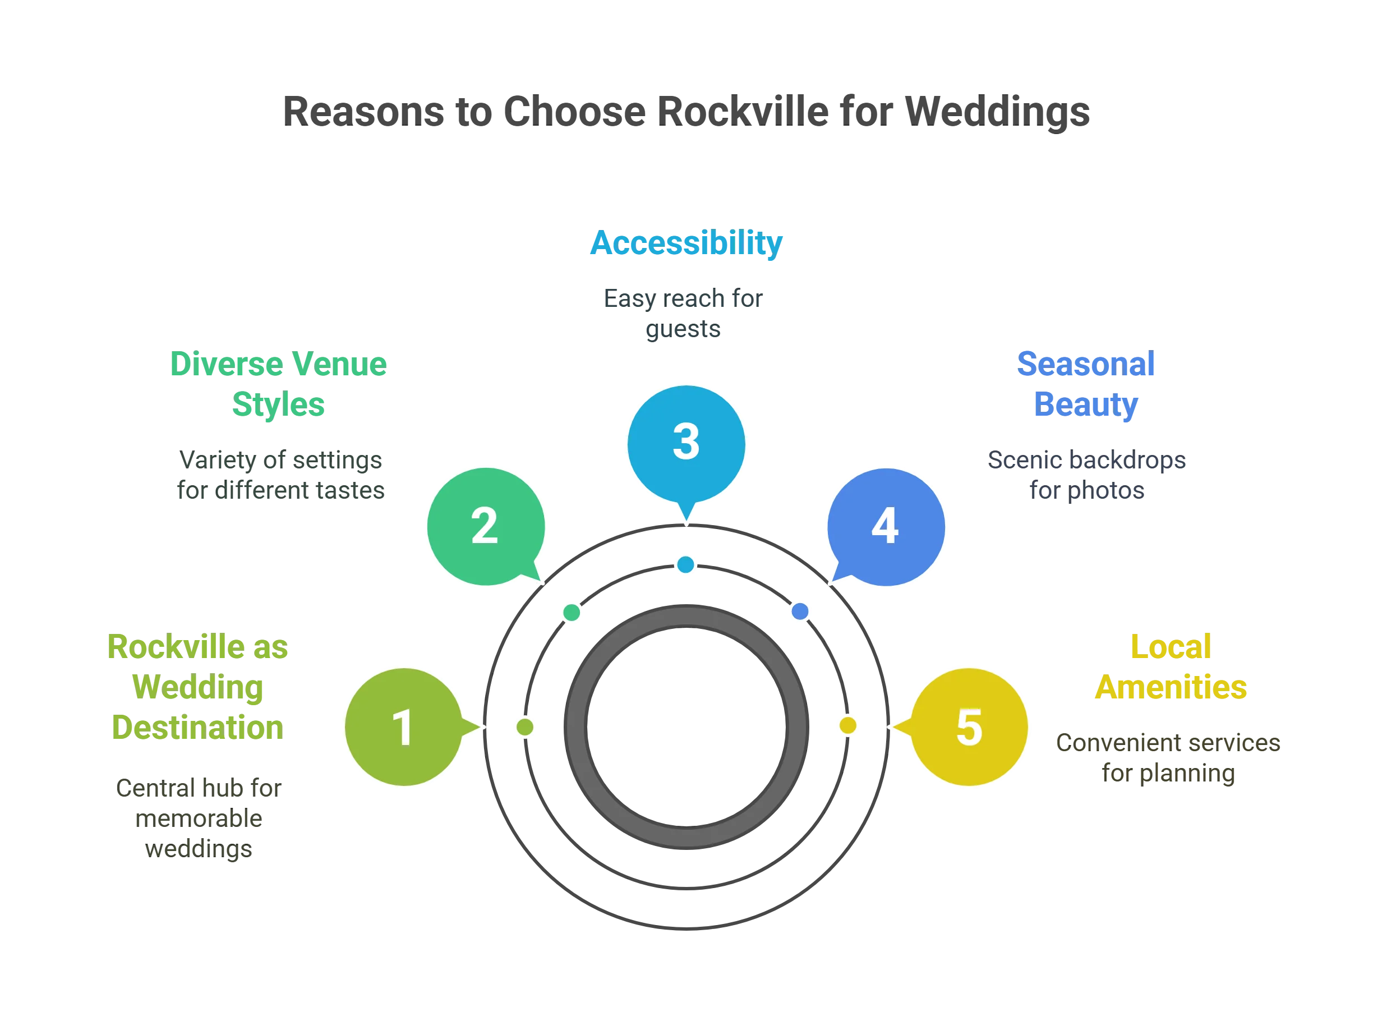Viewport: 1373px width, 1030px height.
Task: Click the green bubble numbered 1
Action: tap(404, 727)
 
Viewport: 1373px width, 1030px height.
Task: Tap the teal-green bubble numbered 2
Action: tap(485, 526)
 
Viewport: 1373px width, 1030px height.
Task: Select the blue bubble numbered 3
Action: tap(686, 443)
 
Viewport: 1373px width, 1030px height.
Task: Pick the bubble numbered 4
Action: tap(886, 526)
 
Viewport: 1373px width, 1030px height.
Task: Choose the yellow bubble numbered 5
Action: tap(969, 727)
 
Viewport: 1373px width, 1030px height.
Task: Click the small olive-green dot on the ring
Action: tap(525, 726)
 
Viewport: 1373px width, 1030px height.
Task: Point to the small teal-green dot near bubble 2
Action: tap(572, 613)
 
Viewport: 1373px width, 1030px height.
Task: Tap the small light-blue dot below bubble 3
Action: tap(686, 565)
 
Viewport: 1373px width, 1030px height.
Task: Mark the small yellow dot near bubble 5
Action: tap(848, 725)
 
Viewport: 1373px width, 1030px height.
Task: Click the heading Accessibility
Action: tap(686, 243)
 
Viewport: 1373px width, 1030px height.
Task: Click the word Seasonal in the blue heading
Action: tap(1086, 364)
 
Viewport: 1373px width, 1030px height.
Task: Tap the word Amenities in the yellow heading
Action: tap(1171, 687)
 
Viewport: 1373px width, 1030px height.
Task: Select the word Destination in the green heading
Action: tap(197, 728)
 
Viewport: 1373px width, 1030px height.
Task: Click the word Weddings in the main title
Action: tap(996, 112)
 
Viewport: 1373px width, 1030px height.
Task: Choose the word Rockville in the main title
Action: tap(743, 112)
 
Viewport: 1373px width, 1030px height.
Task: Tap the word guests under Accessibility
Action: tap(683, 330)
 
